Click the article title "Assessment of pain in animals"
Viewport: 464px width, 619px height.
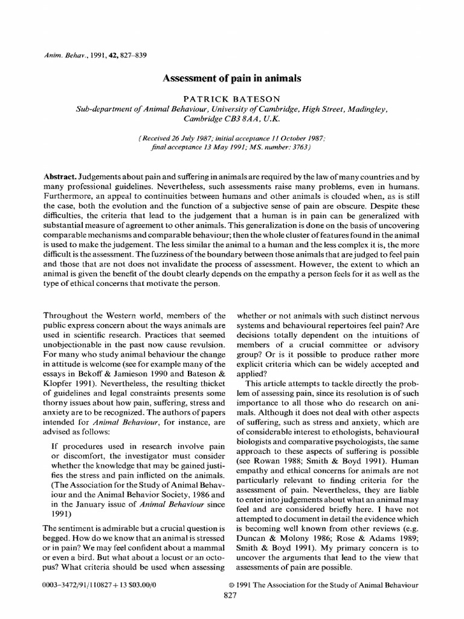tap(233, 79)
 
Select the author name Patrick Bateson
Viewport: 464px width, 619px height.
tap(232, 98)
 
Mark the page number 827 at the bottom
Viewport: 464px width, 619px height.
tap(232, 595)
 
